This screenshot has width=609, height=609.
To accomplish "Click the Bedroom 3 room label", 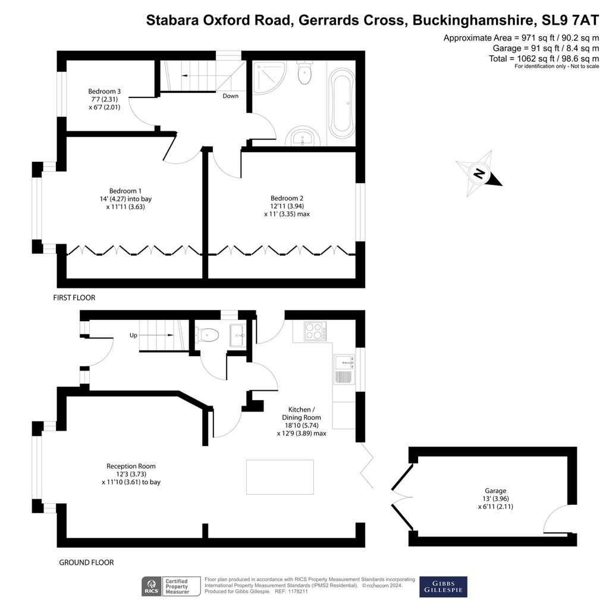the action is point(105,91).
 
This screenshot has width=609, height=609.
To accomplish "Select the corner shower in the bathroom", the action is point(269,78).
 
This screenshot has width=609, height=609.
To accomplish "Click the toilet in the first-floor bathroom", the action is point(304,72).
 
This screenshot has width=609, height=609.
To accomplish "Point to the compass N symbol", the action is point(480,173).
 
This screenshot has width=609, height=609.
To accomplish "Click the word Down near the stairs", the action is point(230,96).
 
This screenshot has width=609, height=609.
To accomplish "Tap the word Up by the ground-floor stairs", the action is point(133,335).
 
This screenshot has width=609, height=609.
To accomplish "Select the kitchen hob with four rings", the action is point(315,331).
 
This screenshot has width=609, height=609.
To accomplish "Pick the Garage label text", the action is point(495,491).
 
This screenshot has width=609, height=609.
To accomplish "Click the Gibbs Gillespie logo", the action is point(443,586).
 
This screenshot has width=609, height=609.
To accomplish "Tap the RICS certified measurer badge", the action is point(171,586).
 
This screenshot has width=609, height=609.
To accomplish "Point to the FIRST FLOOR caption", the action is point(74,297).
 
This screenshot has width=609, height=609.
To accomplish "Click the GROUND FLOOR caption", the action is point(86,563).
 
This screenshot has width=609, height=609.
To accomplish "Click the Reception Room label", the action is point(131,466).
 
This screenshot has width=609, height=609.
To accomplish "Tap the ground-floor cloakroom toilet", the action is point(207,335).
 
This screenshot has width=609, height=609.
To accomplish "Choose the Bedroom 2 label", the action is point(287,198).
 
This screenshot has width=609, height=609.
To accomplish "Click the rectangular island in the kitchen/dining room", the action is point(280,477).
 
